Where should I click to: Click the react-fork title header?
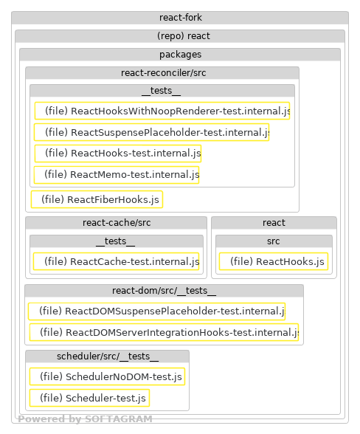[180, 18]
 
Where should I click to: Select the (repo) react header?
[180, 36]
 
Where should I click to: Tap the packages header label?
[180, 55]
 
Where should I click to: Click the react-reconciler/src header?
[162, 72]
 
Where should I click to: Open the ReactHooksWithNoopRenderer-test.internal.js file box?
[162, 111]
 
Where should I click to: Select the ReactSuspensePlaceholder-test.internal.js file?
[151, 132]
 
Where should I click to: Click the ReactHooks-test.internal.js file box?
[117, 154]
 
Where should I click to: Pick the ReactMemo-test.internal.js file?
[117, 175]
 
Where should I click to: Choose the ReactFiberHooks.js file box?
[97, 199]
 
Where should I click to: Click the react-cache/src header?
[116, 222]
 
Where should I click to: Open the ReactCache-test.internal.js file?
[117, 261]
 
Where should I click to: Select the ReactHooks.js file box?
[274, 261]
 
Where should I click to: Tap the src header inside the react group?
[274, 241]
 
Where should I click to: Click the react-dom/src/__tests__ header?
[164, 290]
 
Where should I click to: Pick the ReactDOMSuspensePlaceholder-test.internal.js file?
[156, 311]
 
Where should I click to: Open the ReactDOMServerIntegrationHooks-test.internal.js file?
[164, 333]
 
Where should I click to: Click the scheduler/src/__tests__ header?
[107, 356]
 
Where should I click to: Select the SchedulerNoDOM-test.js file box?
[107, 377]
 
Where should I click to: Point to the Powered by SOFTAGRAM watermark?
[85, 419]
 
